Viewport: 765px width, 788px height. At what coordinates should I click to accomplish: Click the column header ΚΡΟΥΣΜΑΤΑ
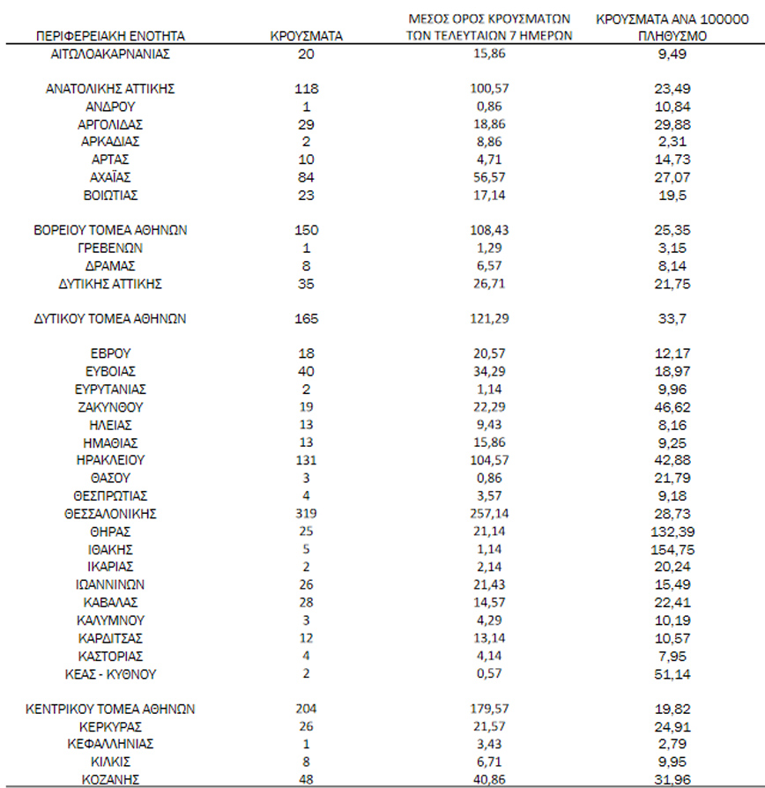(x=306, y=36)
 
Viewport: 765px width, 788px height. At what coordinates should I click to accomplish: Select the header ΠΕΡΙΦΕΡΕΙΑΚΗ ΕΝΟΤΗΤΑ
(x=110, y=36)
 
